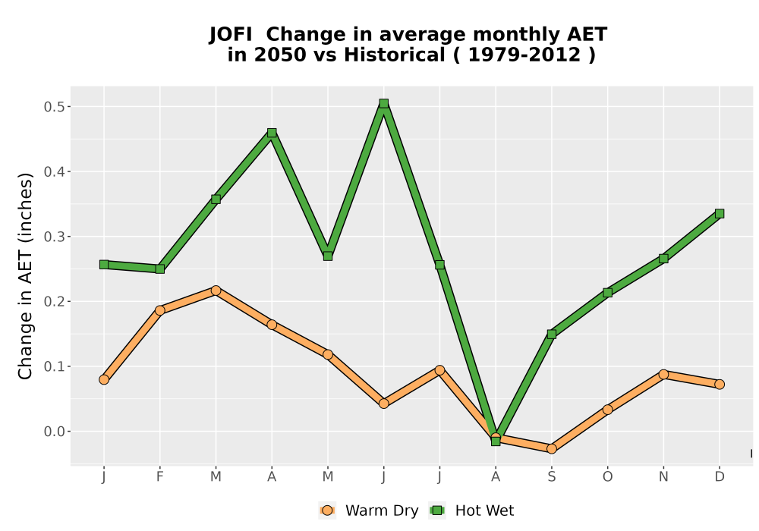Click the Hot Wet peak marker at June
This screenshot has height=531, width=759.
click(384, 103)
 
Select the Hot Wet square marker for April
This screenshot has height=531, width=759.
click(272, 133)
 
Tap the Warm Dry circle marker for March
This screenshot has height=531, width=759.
click(216, 291)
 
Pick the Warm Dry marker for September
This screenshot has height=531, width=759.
click(551, 449)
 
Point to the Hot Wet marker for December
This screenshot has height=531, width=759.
click(720, 214)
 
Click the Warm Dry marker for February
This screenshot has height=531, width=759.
click(159, 310)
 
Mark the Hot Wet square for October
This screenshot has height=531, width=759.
click(607, 293)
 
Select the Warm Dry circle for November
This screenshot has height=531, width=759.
click(663, 374)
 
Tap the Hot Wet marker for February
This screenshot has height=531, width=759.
click(159, 269)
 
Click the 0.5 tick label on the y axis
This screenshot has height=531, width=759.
click(53, 107)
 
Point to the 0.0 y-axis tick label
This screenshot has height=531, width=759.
click(53, 432)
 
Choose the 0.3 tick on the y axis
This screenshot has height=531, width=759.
click(53, 237)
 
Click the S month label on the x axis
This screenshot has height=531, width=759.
click(551, 477)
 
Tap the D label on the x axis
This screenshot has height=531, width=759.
click(720, 477)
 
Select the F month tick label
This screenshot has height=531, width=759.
click(159, 477)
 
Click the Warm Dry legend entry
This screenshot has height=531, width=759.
click(369, 511)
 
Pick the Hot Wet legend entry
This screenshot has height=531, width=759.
click(471, 511)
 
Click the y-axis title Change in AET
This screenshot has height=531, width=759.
click(25, 276)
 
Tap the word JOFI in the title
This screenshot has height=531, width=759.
click(231, 35)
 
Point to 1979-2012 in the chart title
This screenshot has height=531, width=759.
click(524, 55)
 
